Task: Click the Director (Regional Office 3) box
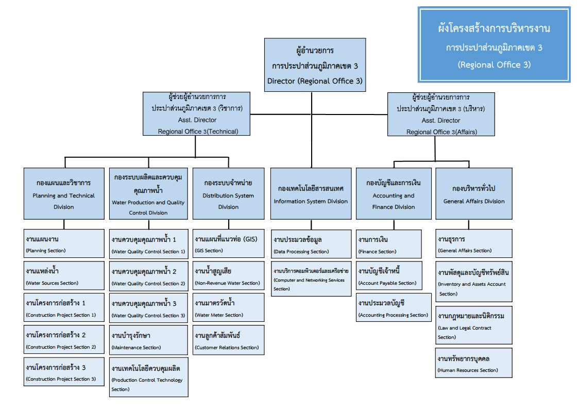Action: click(x=315, y=65)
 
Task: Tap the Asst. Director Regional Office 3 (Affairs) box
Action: click(x=441, y=114)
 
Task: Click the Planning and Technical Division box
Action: click(x=64, y=194)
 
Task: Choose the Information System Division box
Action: click(x=311, y=194)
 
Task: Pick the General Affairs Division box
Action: click(x=474, y=194)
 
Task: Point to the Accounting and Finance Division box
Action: click(x=394, y=194)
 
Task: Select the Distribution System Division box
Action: click(x=228, y=194)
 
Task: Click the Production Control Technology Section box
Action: click(x=148, y=379)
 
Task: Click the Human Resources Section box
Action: click(x=474, y=363)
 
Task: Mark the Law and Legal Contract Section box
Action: click(x=474, y=325)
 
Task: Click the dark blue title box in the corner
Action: click(x=494, y=45)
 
